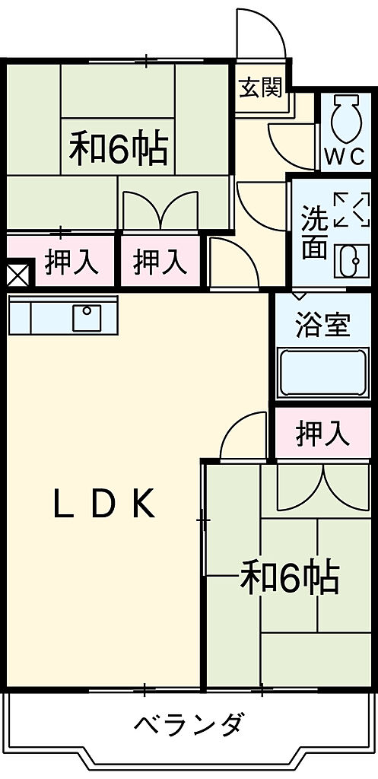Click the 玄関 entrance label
tap(261, 88)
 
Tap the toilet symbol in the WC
tap(346, 119)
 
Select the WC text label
tap(345, 157)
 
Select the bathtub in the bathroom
tap(323, 373)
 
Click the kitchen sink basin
tap(87, 317)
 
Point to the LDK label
tap(103, 504)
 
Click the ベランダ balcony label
tap(189, 725)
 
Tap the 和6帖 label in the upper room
tap(118, 148)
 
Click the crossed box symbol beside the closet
tap(17, 274)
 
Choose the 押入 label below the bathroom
tap(323, 432)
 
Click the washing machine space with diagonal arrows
tap(352, 210)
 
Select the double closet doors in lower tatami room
tap(323, 489)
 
